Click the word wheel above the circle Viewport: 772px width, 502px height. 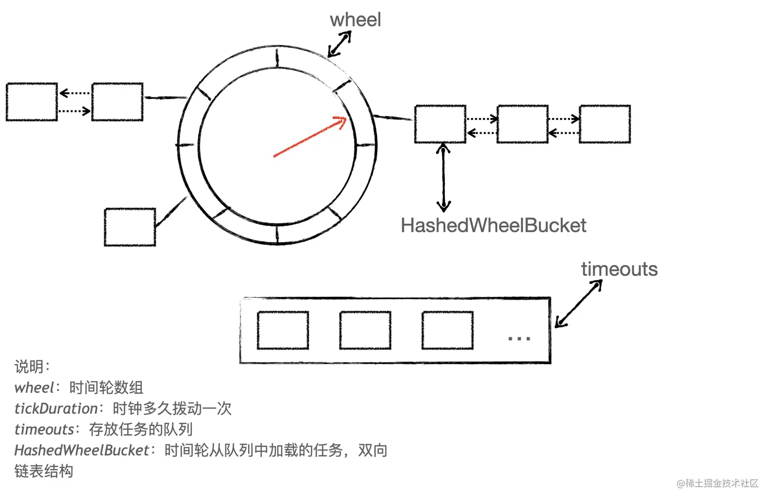click(355, 20)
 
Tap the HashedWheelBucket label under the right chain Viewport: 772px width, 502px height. click(493, 226)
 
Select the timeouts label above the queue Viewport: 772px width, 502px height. click(619, 269)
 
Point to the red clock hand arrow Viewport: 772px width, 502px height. click(310, 137)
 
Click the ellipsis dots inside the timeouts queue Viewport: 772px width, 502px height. click(519, 338)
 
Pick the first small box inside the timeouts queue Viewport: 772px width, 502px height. click(283, 330)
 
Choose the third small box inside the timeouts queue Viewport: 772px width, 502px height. click(447, 330)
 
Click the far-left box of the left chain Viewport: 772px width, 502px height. click(32, 102)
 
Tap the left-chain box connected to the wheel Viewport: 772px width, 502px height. click(117, 102)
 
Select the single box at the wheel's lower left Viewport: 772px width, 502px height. click(130, 227)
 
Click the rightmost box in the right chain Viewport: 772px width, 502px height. click(605, 124)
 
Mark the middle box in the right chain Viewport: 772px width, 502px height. click(522, 124)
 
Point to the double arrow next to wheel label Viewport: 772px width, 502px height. click(340, 44)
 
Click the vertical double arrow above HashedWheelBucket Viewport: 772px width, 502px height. click(443, 177)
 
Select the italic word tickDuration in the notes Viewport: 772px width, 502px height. click(56, 409)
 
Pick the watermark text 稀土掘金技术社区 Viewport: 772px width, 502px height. click(721, 483)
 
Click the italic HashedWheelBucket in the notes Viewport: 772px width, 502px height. click(82, 450)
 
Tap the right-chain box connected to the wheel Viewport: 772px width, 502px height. click(440, 124)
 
